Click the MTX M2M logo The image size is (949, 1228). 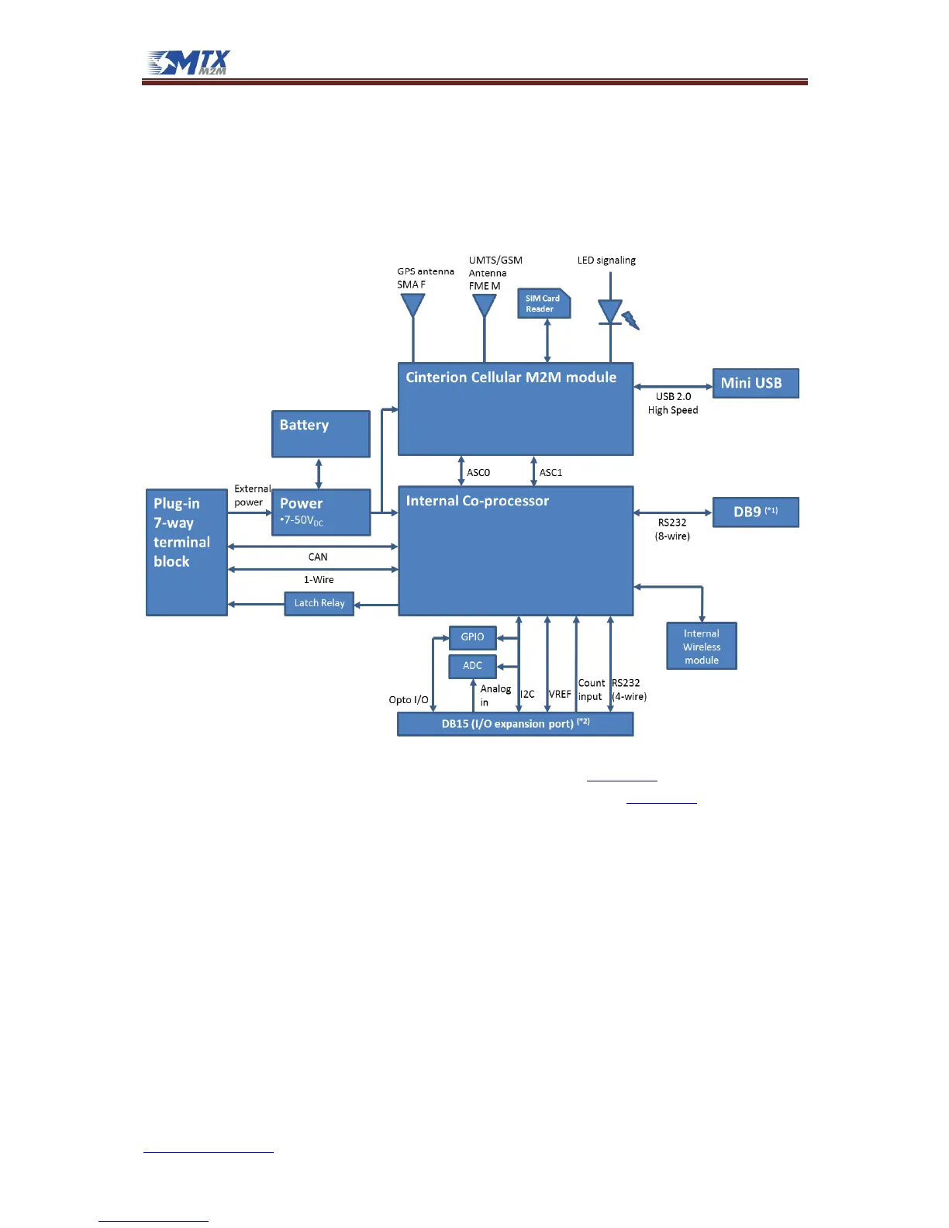[x=189, y=63]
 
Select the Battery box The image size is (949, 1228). [x=320, y=433]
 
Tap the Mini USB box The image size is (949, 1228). [x=755, y=383]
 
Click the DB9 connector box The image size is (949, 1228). [x=755, y=512]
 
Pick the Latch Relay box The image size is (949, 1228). [x=319, y=603]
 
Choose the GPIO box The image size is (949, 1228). [x=472, y=637]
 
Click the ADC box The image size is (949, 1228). [x=472, y=666]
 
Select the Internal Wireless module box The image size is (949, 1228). [x=702, y=647]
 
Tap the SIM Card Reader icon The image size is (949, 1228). [x=544, y=304]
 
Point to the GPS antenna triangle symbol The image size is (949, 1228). [x=413, y=305]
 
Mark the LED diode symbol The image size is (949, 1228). [x=611, y=312]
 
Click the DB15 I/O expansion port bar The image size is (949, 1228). [x=515, y=724]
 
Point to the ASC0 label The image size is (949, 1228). [x=478, y=473]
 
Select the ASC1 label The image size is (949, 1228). [x=550, y=473]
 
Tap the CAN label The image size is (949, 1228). [x=318, y=557]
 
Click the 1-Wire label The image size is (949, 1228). [x=319, y=580]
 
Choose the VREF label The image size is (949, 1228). [x=560, y=695]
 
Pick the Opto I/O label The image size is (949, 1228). [x=409, y=700]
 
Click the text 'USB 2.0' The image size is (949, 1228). [x=673, y=397]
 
